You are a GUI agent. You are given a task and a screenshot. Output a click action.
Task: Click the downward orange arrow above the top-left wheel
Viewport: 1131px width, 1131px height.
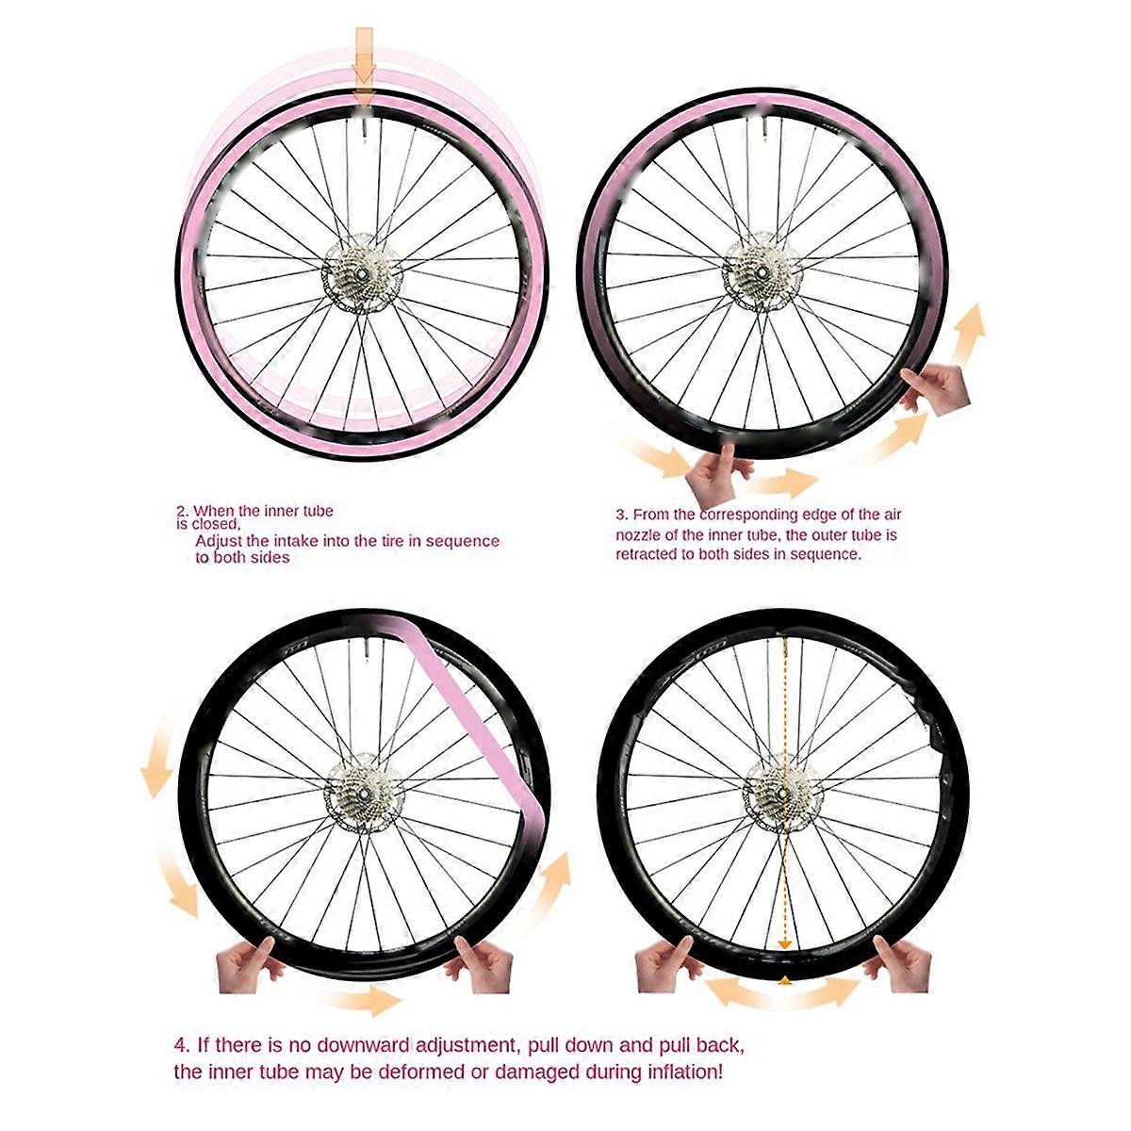365,65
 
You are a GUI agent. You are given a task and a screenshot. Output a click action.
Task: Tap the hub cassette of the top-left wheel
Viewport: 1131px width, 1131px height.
362,273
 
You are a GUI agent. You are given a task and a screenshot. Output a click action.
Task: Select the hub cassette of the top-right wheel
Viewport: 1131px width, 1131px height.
762,270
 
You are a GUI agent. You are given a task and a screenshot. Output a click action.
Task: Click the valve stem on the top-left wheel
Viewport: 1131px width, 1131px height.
365,131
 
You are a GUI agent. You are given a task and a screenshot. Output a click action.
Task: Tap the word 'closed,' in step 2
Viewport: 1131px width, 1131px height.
217,524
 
